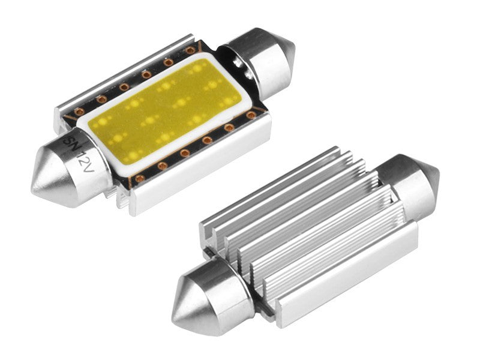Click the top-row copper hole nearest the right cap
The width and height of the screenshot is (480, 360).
tap(191, 51)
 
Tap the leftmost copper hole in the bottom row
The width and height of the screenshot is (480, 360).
tap(140, 178)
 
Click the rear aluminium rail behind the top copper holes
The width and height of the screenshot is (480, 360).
tap(120, 72)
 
